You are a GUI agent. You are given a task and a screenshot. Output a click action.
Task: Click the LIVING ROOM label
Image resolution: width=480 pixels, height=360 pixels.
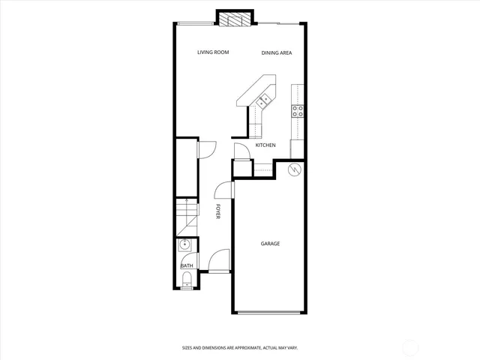pos(213,52)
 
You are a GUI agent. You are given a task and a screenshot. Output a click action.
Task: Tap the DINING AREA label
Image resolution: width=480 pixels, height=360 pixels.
pos(276,52)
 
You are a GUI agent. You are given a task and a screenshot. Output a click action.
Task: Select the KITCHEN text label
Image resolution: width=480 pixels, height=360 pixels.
pos(265,145)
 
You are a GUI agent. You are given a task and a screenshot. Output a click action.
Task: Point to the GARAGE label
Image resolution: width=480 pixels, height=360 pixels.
pos(270,243)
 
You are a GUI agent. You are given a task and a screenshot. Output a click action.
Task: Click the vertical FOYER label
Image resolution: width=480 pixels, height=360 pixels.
pos(218,211)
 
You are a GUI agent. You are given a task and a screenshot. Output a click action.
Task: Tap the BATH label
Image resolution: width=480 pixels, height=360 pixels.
pos(186,265)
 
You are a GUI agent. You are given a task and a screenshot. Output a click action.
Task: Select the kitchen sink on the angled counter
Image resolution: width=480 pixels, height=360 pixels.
pos(263,100)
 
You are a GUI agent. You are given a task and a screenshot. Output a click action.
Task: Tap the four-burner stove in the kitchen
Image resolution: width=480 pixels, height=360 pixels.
pos(298,111)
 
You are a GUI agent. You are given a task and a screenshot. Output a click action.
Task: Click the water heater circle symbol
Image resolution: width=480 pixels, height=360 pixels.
pos(295,169)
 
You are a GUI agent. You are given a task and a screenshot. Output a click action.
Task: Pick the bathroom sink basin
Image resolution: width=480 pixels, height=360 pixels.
pos(185,245)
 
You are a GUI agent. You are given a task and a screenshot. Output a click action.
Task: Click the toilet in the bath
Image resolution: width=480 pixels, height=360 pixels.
pos(186,281)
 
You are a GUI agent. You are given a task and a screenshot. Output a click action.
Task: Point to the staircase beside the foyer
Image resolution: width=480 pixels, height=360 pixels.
pos(186,217)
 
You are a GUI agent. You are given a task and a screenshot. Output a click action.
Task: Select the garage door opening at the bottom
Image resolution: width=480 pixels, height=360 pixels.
pos(270,313)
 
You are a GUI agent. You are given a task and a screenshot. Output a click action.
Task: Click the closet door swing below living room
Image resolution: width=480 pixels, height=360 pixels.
pos(205,149)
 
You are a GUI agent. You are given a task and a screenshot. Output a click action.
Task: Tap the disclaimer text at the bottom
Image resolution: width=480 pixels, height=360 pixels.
pos(240,347)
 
